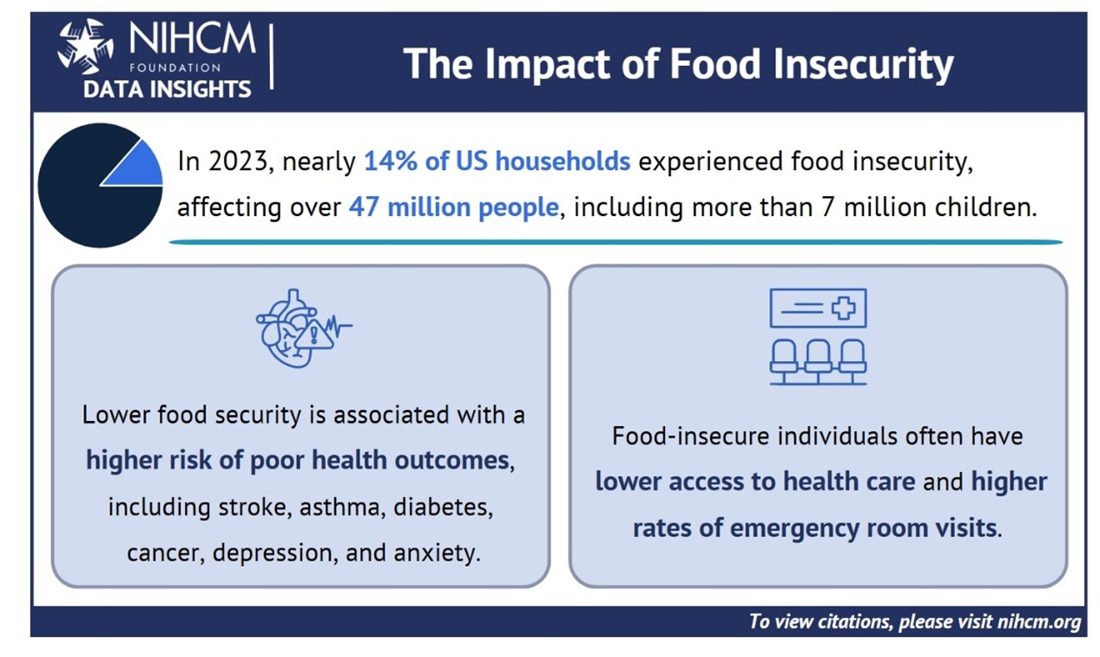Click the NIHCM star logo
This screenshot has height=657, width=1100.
[85, 46]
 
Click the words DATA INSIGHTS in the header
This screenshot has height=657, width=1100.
[167, 89]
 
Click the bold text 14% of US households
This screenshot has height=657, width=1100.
[497, 162]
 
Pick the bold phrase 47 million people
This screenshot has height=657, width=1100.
[452, 208]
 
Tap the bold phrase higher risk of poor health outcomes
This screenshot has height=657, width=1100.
[297, 460]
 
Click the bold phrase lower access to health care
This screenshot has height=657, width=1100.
[754, 481]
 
